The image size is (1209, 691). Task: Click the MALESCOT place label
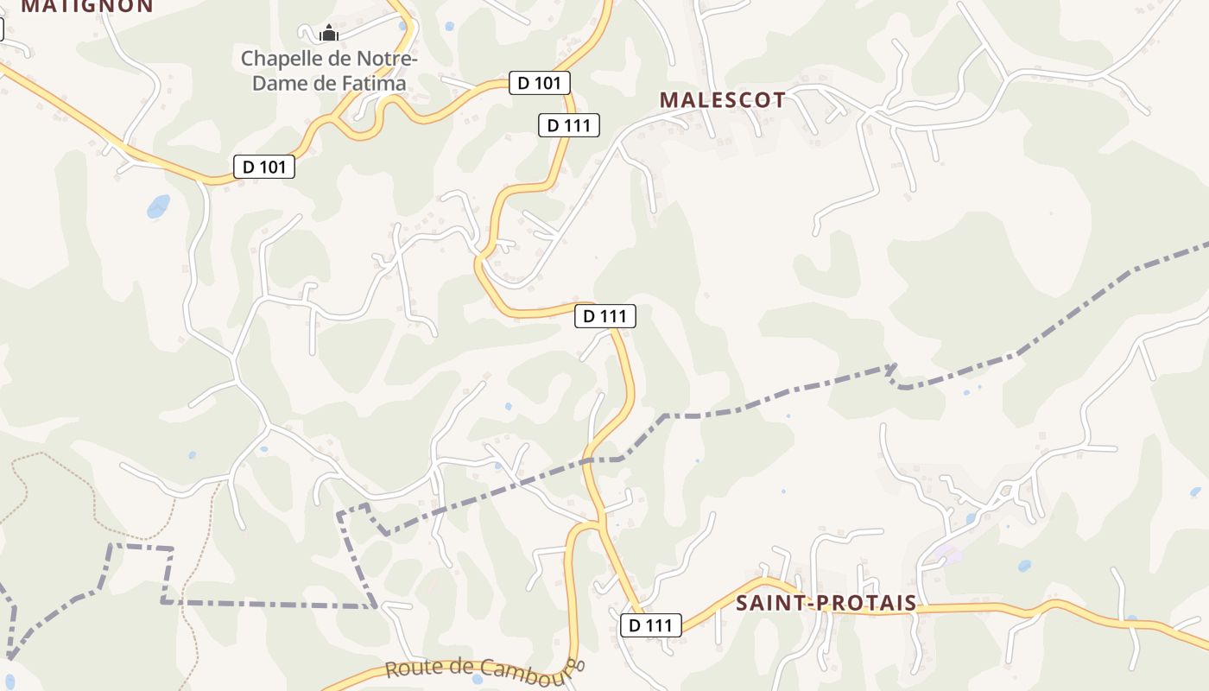coord(723,100)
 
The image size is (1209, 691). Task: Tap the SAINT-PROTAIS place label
coord(826,603)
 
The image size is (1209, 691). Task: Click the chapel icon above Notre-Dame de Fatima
coord(328,34)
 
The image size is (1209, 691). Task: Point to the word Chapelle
coord(282,59)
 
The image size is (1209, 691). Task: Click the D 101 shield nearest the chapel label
coord(540,83)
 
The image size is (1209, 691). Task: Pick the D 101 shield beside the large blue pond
coord(264,167)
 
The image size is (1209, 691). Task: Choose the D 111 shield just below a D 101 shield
coord(569,125)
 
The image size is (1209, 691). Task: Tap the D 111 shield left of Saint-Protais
coord(651,625)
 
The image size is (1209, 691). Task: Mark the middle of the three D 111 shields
coord(605,316)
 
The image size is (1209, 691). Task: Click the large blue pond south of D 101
coord(158,206)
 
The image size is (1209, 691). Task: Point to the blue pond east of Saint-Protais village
coord(1024,567)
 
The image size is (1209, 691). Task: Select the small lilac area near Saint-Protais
coord(948,554)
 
